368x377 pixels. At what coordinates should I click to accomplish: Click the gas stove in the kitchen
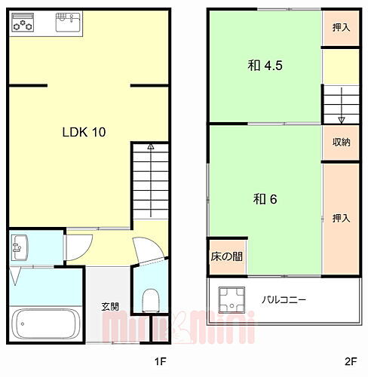pyautogui.click(x=23, y=25)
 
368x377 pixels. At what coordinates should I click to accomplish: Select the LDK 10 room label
pyautogui.click(x=83, y=132)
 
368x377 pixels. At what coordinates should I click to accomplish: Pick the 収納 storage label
pyautogui.click(x=340, y=142)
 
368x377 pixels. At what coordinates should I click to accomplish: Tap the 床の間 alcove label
pyautogui.click(x=226, y=256)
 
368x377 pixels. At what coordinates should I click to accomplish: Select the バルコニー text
pyautogui.click(x=284, y=299)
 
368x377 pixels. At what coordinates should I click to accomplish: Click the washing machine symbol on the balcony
pyautogui.click(x=232, y=299)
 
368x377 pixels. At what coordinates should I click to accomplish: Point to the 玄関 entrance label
pyautogui.click(x=111, y=306)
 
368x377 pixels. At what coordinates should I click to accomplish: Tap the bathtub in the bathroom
pyautogui.click(x=45, y=324)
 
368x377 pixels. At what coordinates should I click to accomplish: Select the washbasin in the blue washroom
pyautogui.click(x=20, y=247)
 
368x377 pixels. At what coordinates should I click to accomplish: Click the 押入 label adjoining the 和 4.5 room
pyautogui.click(x=341, y=27)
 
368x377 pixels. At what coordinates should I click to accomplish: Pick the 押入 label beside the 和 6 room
pyautogui.click(x=341, y=218)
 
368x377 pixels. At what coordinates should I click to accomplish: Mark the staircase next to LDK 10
pyautogui.click(x=150, y=181)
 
